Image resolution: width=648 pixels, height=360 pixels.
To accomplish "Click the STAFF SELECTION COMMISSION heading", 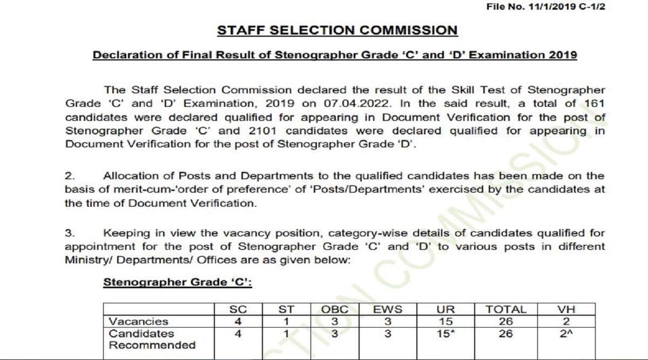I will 337,30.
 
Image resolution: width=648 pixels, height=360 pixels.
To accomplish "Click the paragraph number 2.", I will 69,176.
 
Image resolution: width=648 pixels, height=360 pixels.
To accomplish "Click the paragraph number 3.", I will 69,233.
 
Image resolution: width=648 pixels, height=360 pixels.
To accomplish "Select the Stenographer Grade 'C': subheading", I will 178,282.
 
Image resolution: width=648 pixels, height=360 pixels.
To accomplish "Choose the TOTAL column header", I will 506,310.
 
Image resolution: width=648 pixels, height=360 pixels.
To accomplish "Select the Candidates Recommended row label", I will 152,339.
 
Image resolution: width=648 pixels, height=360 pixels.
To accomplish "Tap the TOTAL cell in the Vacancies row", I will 506,322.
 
